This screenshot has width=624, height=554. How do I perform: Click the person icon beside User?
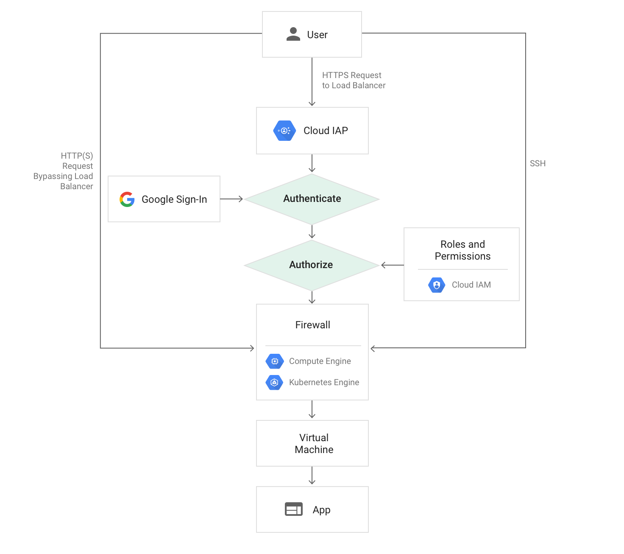[293, 34]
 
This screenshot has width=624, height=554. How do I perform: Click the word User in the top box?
[317, 35]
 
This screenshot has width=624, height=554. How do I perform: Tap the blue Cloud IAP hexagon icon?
[284, 131]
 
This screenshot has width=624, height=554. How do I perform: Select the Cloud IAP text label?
[326, 131]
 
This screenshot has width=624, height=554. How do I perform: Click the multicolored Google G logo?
[127, 199]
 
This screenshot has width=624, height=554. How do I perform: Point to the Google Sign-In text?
[174, 199]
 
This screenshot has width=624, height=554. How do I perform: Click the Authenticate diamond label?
[312, 199]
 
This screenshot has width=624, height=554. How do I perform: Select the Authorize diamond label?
[311, 265]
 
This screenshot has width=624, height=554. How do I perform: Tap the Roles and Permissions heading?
[462, 250]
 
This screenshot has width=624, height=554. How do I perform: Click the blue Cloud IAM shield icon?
[437, 285]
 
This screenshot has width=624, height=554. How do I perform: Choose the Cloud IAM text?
[471, 285]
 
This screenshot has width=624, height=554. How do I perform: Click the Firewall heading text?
[312, 325]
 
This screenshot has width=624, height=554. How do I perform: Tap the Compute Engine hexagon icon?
[274, 361]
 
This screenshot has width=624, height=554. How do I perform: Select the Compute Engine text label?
[320, 361]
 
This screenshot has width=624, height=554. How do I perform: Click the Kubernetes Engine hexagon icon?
[274, 383]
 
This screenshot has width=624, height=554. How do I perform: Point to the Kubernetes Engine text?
[324, 383]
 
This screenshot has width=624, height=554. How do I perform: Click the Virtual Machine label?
[314, 444]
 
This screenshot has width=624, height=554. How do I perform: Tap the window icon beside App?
[293, 509]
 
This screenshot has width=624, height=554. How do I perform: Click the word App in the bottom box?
[321, 510]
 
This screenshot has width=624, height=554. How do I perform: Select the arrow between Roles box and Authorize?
[393, 265]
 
